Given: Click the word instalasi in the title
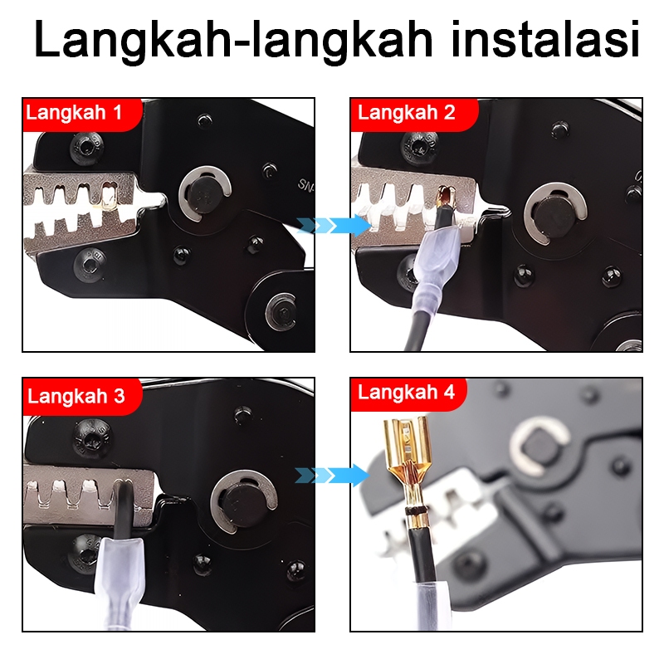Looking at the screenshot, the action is point(545,39).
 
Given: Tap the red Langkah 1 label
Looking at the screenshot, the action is point(82,115).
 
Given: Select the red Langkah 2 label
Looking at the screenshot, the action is point(414,115).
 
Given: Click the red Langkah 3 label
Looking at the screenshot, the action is point(82,397).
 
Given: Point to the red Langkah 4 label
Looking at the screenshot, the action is point(408,393).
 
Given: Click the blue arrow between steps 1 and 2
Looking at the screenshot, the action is point(334,225).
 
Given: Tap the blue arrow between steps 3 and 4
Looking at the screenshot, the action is point(332,475).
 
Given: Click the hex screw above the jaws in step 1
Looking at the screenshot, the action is point(86,148).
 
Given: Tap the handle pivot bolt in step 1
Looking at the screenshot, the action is point(281,313).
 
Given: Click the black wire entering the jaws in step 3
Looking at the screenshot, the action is point(123,508).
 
